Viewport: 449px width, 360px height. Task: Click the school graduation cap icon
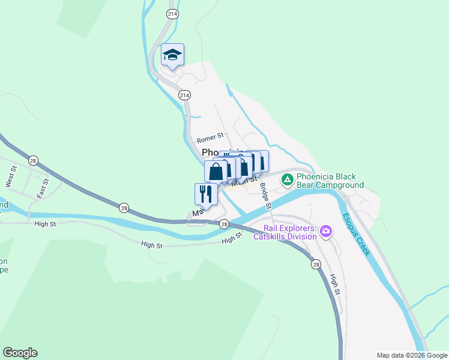click(x=172, y=55)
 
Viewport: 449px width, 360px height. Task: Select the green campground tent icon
click(x=288, y=179)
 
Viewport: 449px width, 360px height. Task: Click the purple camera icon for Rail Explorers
click(x=326, y=230)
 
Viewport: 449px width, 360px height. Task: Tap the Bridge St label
click(x=266, y=196)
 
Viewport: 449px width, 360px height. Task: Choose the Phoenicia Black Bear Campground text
click(x=330, y=181)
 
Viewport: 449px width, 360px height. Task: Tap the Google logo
click(x=20, y=353)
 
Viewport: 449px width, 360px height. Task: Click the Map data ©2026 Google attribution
click(x=411, y=355)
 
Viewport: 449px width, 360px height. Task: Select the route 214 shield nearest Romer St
click(x=184, y=95)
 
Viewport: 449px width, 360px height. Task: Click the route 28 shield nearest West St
click(x=33, y=160)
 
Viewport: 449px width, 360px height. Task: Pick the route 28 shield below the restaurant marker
click(x=224, y=224)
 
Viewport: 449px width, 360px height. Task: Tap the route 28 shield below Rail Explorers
click(x=316, y=263)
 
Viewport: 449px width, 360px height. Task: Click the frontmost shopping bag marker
click(x=215, y=171)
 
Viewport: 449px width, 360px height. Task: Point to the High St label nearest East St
click(x=45, y=224)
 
